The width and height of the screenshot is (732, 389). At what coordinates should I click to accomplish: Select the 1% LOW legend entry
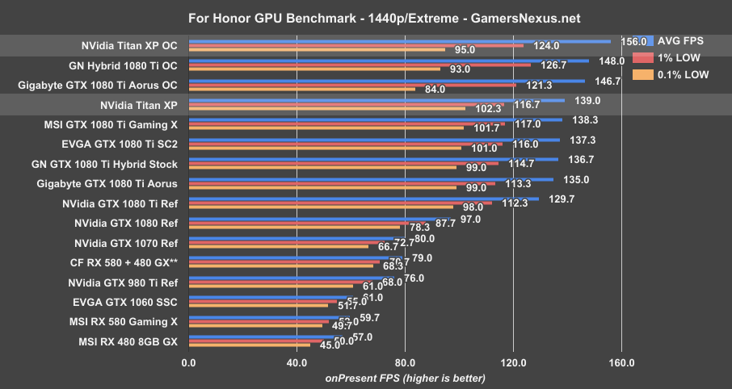pyautogui.click(x=679, y=57)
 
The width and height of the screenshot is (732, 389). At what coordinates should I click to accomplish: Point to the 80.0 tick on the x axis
pyautogui.click(x=405, y=363)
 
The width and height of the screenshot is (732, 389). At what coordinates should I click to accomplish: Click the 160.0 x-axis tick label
pyautogui.click(x=621, y=363)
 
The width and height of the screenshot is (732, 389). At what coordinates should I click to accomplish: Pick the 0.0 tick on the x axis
pyautogui.click(x=188, y=363)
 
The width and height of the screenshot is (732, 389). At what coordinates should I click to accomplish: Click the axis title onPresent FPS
pyautogui.click(x=405, y=378)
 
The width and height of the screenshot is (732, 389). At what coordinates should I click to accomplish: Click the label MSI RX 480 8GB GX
pyautogui.click(x=128, y=341)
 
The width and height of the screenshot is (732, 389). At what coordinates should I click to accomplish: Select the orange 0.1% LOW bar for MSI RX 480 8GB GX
pyautogui.click(x=249, y=345)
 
